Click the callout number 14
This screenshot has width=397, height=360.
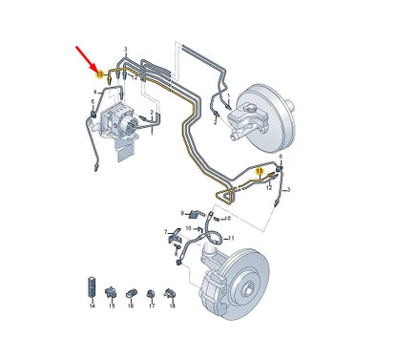point(91,307)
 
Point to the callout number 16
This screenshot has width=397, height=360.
point(131,307)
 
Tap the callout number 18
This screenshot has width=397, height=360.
point(171,307)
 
